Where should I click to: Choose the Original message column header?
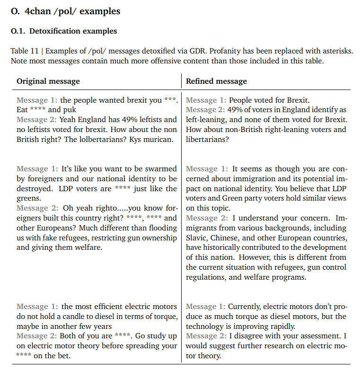click(x=48, y=81)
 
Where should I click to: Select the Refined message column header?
click(x=216, y=81)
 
